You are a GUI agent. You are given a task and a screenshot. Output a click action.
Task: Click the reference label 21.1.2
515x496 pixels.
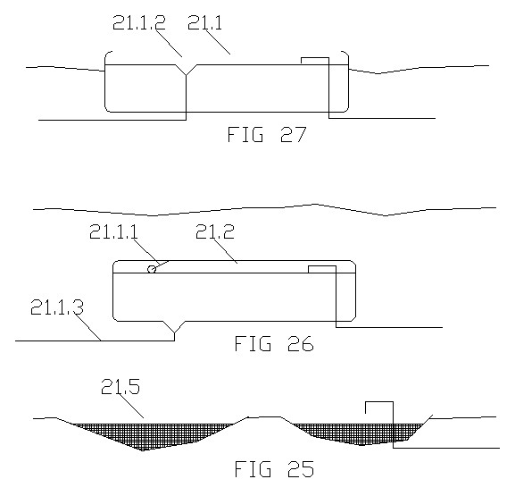pos(139,22)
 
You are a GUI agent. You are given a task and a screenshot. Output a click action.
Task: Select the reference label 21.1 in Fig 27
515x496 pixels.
pos(205,22)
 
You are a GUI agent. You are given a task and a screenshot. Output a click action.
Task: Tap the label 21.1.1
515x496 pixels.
pos(113,231)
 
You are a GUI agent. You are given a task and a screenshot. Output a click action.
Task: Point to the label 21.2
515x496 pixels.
pos(215,231)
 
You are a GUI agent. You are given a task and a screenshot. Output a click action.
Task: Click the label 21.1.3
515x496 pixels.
pos(57,307)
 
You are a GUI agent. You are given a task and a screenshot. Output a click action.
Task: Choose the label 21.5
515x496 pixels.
pos(120,386)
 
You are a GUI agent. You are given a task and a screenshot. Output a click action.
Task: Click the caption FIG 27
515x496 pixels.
pos(267,134)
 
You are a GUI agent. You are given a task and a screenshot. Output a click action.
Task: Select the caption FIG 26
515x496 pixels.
pos(274,343)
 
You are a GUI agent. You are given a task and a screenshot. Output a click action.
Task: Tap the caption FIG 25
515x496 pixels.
pos(275,468)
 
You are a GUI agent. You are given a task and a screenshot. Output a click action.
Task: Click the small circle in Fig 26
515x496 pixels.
pos(152,269)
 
